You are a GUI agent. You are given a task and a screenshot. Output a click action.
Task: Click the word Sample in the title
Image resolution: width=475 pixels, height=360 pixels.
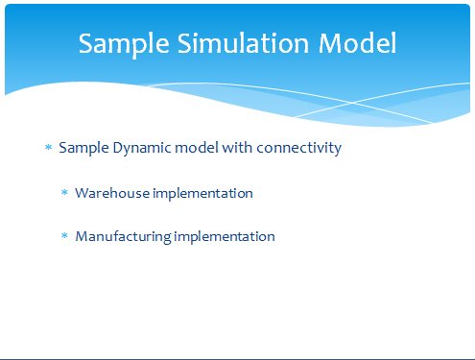[124, 44]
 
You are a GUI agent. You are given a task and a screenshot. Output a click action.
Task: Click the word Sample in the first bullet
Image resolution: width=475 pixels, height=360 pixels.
[83, 149]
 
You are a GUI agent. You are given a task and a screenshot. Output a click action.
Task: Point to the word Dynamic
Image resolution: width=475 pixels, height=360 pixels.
[142, 149]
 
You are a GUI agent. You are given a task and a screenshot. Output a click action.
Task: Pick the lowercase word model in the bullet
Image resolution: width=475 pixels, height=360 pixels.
[197, 148]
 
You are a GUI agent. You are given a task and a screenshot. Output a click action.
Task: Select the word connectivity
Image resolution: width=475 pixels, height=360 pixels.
[299, 149]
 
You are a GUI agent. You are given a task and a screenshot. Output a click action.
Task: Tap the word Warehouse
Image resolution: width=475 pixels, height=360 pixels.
[112, 193]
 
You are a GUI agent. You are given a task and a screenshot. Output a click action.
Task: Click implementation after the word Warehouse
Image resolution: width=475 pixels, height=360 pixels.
[202, 194]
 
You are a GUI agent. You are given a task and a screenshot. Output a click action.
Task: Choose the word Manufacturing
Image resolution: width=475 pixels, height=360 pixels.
[123, 237]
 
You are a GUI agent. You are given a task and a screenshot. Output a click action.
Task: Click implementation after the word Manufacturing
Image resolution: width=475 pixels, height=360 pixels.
[225, 237]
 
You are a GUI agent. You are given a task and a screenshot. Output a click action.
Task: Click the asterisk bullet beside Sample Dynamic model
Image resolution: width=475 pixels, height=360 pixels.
[48, 147]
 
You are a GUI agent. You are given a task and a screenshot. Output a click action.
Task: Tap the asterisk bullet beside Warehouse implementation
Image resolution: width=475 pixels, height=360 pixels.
[64, 192]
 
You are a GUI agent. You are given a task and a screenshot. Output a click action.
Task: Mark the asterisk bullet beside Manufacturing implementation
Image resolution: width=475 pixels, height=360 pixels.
[64, 236]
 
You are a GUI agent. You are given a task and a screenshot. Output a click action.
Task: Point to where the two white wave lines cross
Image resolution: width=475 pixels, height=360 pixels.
[352, 103]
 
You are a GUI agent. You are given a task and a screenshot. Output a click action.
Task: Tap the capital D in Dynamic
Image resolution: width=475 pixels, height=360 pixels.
[118, 148]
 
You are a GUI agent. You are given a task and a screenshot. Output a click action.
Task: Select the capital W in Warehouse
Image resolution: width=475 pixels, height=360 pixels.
[84, 193]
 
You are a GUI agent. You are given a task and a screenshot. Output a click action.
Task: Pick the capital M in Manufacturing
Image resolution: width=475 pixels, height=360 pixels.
[83, 236]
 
